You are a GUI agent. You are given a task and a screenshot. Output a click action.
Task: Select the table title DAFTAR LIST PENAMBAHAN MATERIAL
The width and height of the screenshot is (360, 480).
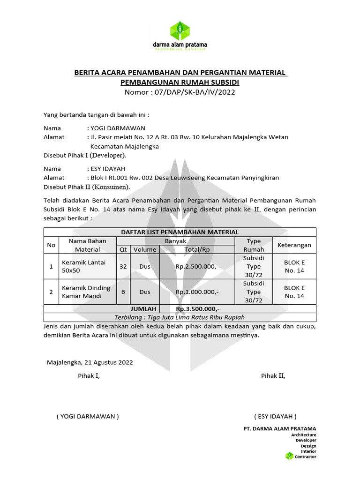(180, 232)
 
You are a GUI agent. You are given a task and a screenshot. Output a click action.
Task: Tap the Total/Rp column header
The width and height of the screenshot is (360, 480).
(197, 249)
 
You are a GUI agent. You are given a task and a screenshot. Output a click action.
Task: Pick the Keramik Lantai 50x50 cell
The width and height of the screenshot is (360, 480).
(77, 267)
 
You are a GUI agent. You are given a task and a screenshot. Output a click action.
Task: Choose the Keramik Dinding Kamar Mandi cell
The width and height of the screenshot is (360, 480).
(79, 292)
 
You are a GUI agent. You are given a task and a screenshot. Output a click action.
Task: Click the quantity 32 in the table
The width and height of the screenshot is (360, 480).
(123, 267)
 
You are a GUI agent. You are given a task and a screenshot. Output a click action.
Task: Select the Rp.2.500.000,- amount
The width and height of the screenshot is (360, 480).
(197, 267)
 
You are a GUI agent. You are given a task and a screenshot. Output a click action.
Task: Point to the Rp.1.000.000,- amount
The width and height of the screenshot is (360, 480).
(197, 292)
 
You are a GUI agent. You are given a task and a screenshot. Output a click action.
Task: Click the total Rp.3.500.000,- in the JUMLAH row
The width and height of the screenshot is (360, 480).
(197, 309)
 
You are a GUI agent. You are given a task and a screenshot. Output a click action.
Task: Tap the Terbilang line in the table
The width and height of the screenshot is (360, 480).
(180, 317)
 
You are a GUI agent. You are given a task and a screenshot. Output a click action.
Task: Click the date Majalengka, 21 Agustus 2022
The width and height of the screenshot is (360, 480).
(90, 362)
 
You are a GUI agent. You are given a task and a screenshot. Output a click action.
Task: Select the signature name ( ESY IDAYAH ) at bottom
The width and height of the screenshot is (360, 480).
(275, 416)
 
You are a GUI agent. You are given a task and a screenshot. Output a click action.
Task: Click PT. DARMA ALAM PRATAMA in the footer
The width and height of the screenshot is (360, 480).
(280, 428)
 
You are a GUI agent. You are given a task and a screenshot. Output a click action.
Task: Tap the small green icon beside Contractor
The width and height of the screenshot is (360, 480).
(289, 456)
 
